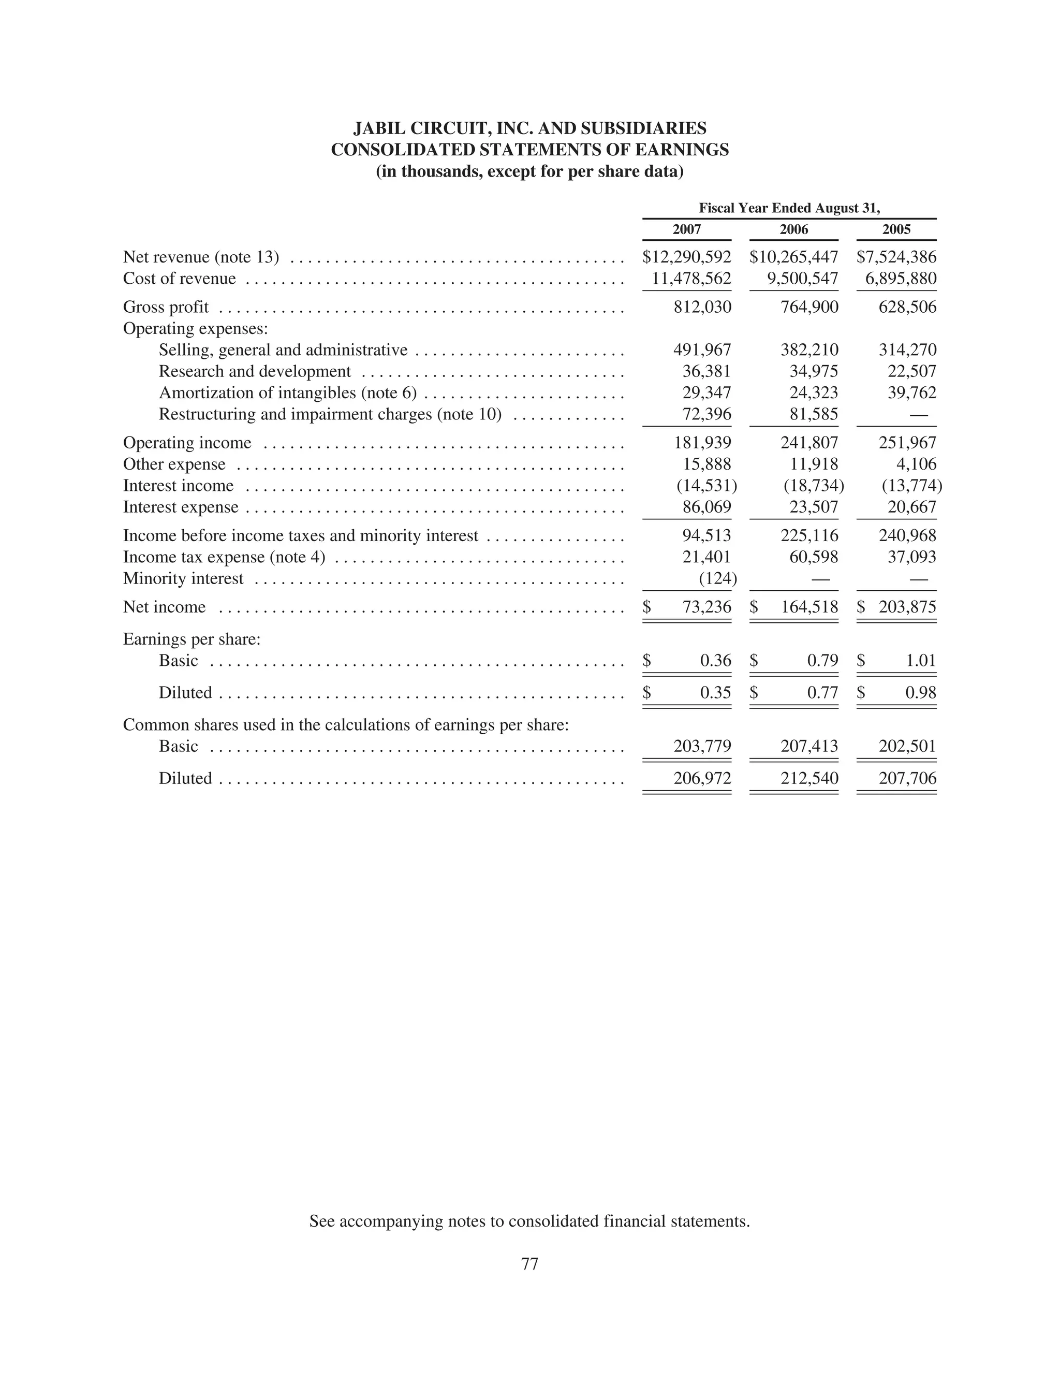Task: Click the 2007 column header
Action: pyautogui.click(x=686, y=230)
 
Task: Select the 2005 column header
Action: pyautogui.click(x=896, y=230)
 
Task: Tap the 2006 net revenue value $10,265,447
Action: pyautogui.click(x=794, y=257)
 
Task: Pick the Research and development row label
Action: pyautogui.click(x=254, y=372)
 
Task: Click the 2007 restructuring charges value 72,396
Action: pyautogui.click(x=706, y=415)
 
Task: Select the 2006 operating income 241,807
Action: pyautogui.click(x=809, y=443)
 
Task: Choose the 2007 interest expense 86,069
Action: pyautogui.click(x=706, y=507)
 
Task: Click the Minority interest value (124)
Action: pyautogui.click(x=717, y=579)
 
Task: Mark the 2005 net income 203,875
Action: pyautogui.click(x=907, y=607)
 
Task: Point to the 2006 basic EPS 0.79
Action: pyautogui.click(x=823, y=661)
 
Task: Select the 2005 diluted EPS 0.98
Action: pyautogui.click(x=921, y=693)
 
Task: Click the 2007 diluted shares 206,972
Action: pyautogui.click(x=702, y=779)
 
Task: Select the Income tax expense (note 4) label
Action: pyautogui.click(x=224, y=557)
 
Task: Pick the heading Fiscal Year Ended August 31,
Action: pyautogui.click(x=789, y=208)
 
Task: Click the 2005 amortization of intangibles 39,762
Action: pyautogui.click(x=912, y=393)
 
